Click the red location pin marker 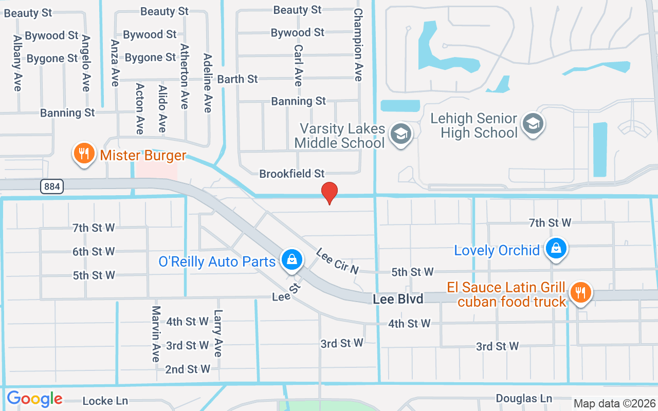[330, 192]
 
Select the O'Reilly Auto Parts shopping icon [291, 259]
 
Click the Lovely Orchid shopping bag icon [556, 248]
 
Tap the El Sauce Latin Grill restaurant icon [581, 292]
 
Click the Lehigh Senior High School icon [533, 123]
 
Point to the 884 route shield [52, 186]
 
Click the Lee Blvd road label [398, 298]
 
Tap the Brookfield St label [292, 174]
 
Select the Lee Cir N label [337, 261]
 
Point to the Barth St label [237, 79]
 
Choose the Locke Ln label [105, 401]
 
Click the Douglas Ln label [524, 398]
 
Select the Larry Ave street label [218, 333]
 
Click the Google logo [34, 399]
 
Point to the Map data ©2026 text [615, 403]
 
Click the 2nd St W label [188, 369]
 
